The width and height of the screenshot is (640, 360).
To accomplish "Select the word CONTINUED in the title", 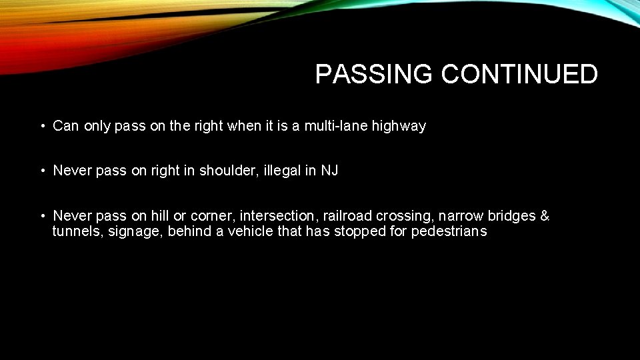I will (x=519, y=75).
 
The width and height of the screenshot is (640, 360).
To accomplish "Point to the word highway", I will (x=400, y=126).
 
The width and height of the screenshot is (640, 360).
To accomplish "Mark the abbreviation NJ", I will (x=329, y=171).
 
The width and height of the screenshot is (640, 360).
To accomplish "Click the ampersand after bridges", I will (x=545, y=216).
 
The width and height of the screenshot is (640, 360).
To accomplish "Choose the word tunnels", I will (x=73, y=231).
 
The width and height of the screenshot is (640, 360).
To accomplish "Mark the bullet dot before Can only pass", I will (x=42, y=126).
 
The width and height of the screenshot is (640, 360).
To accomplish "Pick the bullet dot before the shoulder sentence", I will (x=42, y=171).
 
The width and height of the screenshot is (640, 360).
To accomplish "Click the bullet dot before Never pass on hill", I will (x=42, y=216).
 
